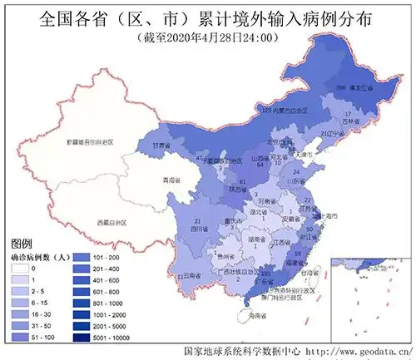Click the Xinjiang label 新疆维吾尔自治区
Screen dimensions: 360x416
pos(90,142)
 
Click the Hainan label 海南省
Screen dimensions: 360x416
pos(255,315)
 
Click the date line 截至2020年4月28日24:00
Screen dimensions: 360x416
pos(207,38)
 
